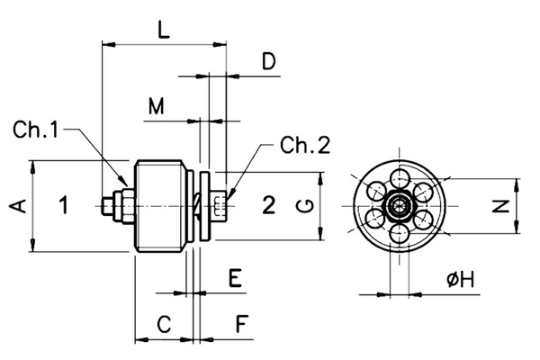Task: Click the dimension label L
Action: [x=162, y=29]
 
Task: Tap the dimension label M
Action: [x=157, y=107]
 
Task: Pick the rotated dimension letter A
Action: [x=15, y=206]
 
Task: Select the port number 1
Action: [x=63, y=205]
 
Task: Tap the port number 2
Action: [x=267, y=205]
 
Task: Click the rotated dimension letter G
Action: [x=306, y=206]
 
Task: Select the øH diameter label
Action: [x=460, y=280]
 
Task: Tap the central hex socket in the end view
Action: [x=397, y=207]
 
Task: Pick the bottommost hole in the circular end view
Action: [x=397, y=237]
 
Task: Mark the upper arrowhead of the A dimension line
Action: [x=32, y=166]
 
